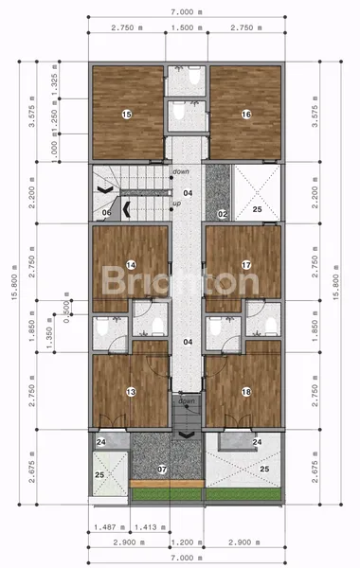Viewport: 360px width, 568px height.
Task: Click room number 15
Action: click(126, 114)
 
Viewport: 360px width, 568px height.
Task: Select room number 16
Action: click(246, 114)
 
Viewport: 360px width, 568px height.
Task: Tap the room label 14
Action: click(132, 265)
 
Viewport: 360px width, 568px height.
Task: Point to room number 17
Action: click(244, 265)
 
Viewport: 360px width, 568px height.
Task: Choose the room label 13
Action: click(130, 392)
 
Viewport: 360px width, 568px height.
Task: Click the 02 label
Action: click(221, 215)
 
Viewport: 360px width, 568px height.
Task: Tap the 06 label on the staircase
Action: click(107, 213)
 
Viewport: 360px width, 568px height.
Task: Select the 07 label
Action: click(162, 469)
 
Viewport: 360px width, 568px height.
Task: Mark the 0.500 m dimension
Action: click(67, 311)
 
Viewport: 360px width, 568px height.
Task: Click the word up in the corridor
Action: click(176, 203)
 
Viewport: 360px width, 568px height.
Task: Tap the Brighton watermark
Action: click(180, 282)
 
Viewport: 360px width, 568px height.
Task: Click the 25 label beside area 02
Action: click(257, 208)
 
